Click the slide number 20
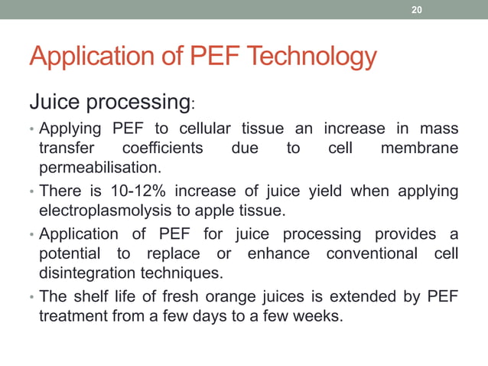[416, 10]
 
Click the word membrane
[419, 147]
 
